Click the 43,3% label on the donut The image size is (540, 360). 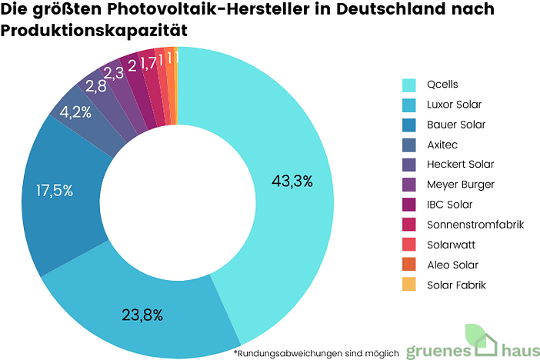click(x=292, y=182)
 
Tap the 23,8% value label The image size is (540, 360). click(x=142, y=314)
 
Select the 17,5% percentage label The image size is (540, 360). click(x=54, y=191)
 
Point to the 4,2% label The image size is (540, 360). click(x=75, y=112)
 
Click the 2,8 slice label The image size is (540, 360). click(x=95, y=86)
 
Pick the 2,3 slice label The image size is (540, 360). click(x=114, y=73)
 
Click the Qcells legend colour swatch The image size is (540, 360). click(x=409, y=85)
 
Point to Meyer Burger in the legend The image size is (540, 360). click(x=460, y=185)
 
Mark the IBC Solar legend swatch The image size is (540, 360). click(x=409, y=205)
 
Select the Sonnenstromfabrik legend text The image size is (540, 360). click(x=475, y=225)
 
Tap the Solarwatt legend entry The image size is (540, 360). click(x=448, y=245)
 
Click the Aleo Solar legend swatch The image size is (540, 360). click(x=409, y=265)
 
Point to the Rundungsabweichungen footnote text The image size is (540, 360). click(x=316, y=353)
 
